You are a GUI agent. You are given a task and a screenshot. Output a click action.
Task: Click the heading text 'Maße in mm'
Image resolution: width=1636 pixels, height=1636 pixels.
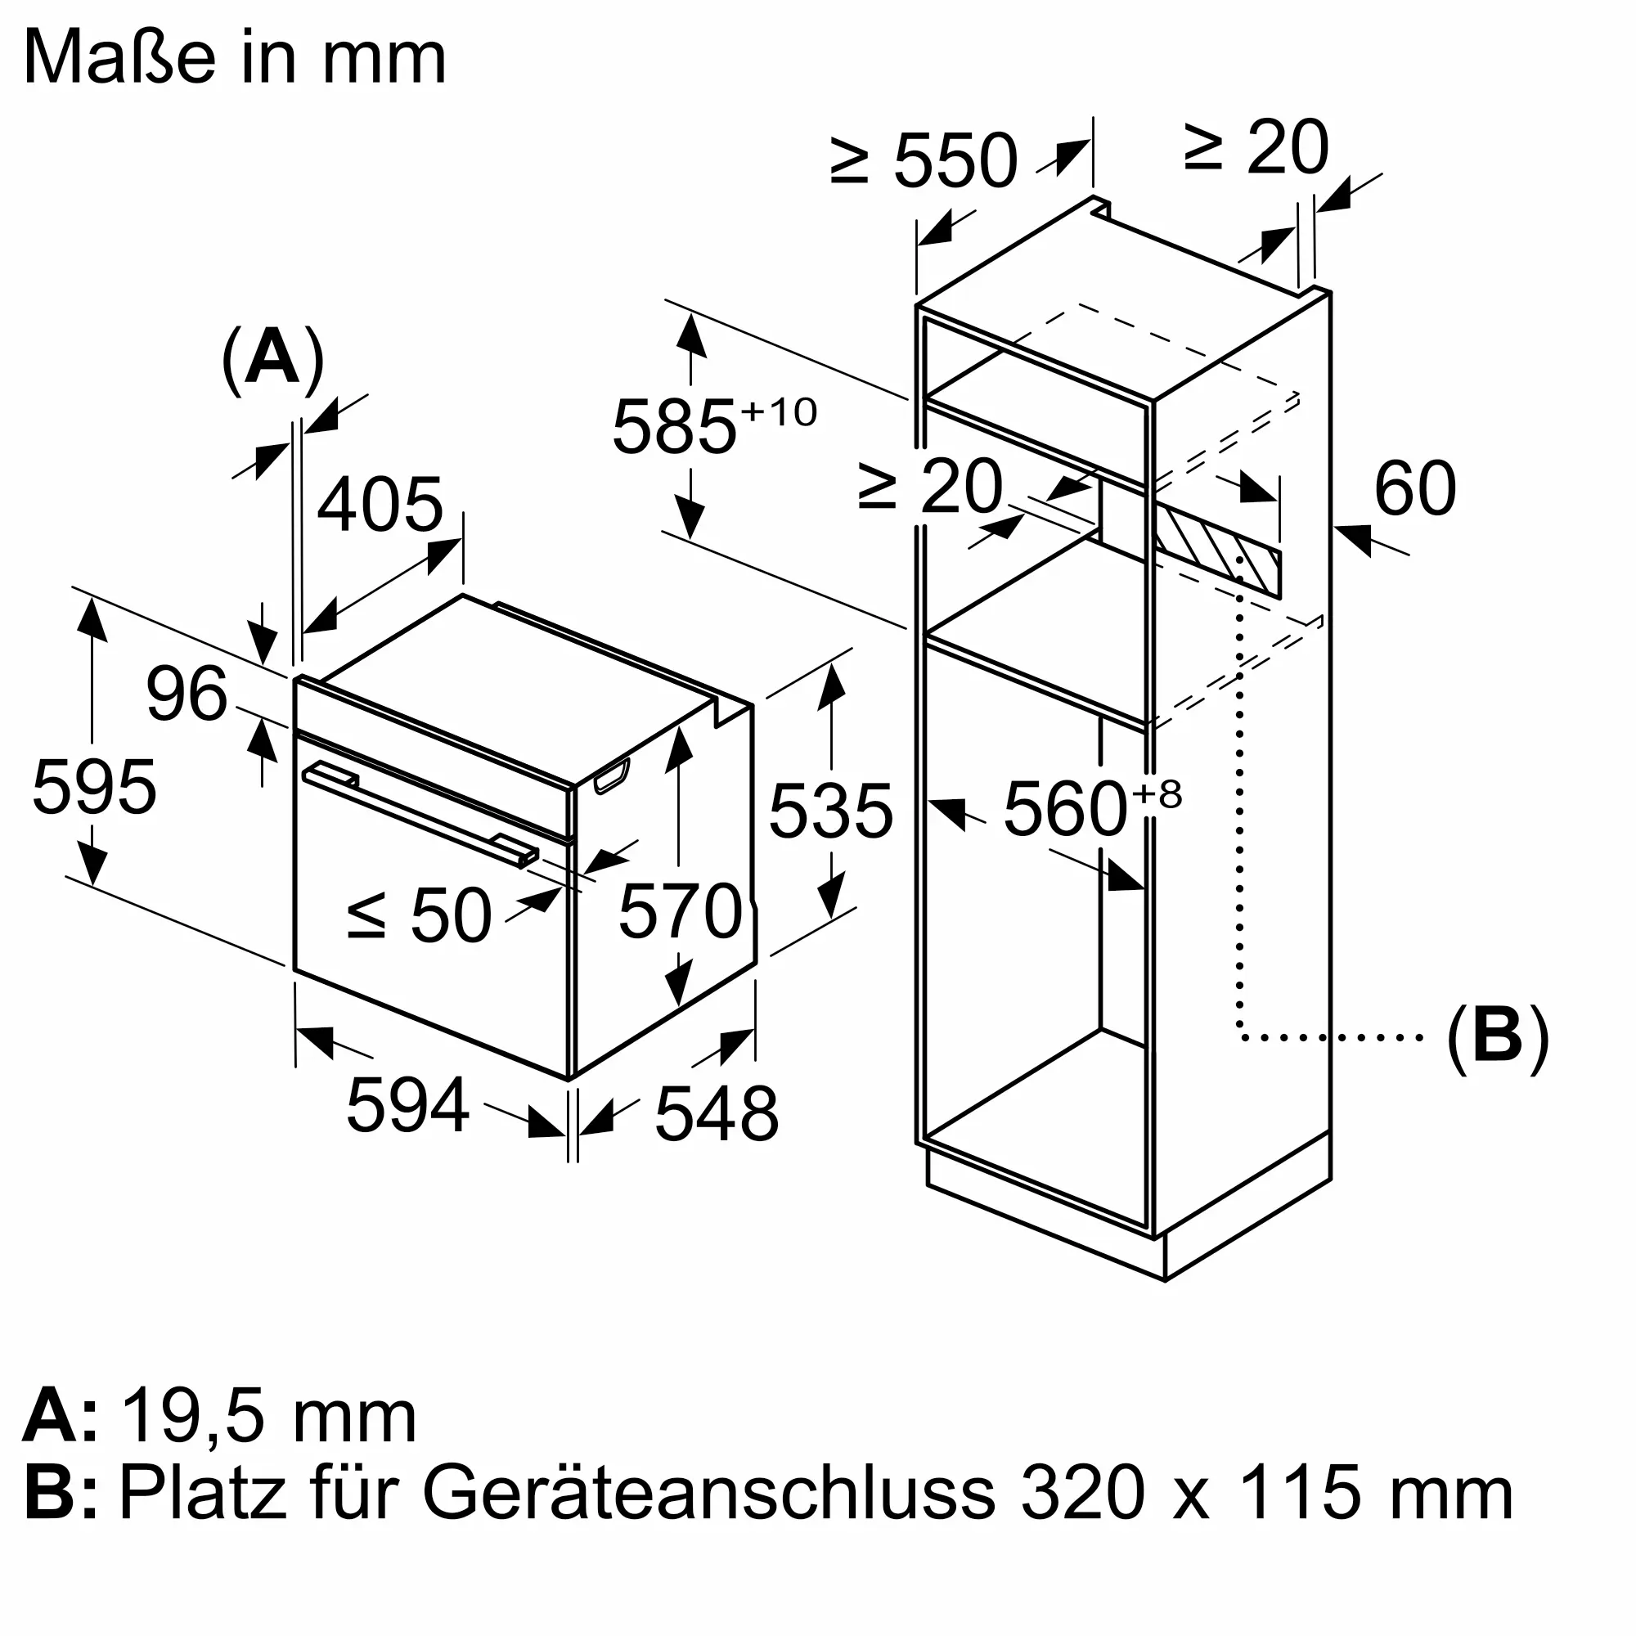coord(235,57)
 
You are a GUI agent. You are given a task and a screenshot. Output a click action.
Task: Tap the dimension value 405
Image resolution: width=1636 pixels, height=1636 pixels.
coord(380,505)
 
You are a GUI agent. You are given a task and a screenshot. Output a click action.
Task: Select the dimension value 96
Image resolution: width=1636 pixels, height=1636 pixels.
coord(187,694)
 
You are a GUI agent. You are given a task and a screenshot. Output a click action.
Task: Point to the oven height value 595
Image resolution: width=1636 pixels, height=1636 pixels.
coord(94,788)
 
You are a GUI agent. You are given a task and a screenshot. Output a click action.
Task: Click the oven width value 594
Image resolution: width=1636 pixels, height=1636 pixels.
coord(407,1105)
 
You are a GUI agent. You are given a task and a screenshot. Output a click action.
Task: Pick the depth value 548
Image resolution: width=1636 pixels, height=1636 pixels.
coord(717,1114)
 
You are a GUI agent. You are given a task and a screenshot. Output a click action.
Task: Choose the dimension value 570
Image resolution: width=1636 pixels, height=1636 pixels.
coord(680,912)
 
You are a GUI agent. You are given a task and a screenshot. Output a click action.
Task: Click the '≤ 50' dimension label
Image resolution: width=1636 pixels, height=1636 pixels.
coord(419,915)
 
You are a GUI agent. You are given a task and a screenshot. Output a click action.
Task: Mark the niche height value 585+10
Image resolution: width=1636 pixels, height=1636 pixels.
coord(713,426)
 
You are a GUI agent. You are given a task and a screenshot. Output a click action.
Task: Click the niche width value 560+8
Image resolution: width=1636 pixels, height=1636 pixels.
coord(1090,810)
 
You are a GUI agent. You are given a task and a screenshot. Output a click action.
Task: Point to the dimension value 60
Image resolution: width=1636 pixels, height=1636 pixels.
coord(1415,488)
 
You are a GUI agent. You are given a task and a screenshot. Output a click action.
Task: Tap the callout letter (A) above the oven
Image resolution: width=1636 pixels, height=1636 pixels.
coord(272,359)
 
